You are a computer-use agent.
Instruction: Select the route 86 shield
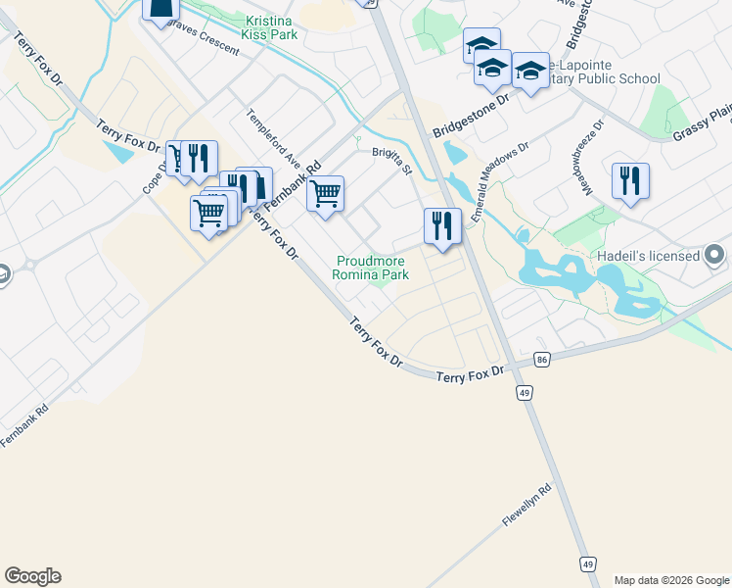point(541,361)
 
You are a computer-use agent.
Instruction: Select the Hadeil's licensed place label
point(648,256)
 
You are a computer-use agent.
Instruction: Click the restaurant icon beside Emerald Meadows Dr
point(442,226)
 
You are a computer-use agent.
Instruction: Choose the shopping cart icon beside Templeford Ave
point(325,193)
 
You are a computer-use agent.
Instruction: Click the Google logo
point(32,576)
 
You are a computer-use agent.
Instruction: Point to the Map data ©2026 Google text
point(671,580)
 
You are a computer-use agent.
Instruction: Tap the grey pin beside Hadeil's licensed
point(716,256)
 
